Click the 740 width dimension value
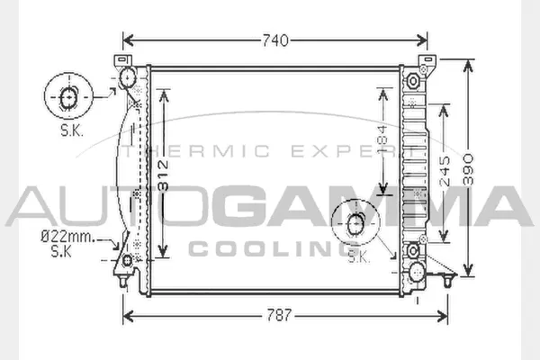click(275, 40)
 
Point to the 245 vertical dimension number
click(445, 171)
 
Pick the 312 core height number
click(162, 171)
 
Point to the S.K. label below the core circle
click(358, 257)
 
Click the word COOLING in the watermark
click(269, 247)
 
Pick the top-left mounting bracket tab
click(120, 61)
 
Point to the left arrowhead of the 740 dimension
click(127, 40)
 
